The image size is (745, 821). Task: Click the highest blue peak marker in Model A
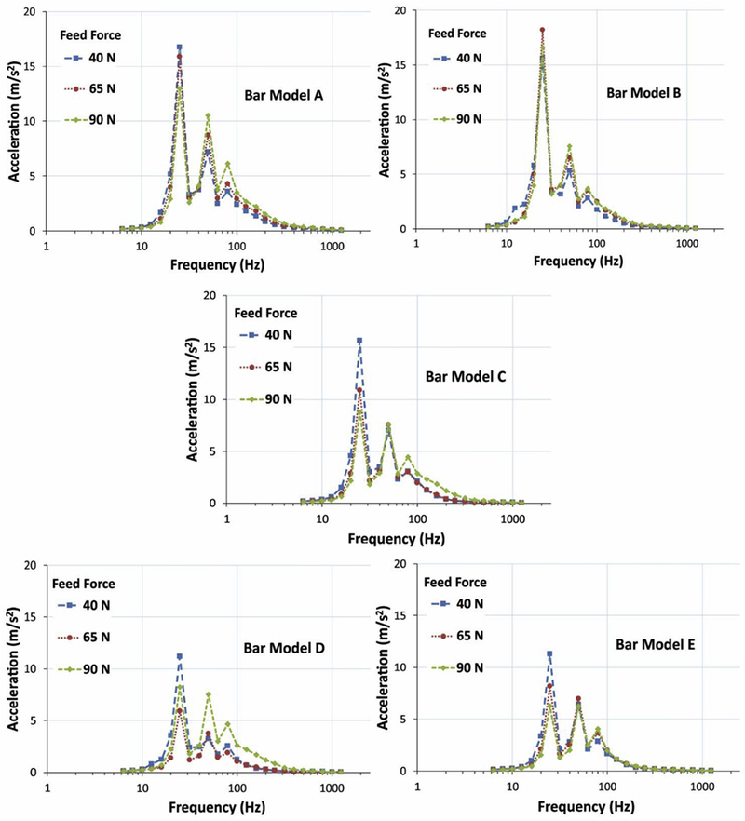179,47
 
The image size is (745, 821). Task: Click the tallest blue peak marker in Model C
359,341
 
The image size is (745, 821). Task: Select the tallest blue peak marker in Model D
179,656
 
